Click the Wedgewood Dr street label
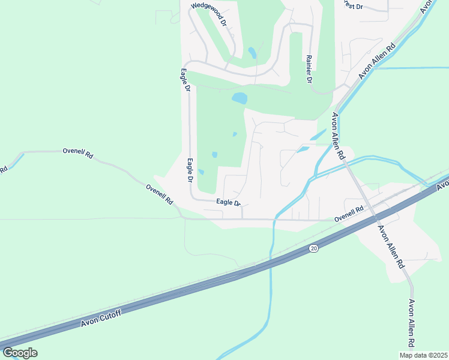209,15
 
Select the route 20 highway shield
313,248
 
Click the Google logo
20,353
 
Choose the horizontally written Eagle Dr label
228,203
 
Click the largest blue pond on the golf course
239,97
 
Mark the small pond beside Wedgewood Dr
252,53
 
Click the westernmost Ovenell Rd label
78,153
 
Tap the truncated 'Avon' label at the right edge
442,184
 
